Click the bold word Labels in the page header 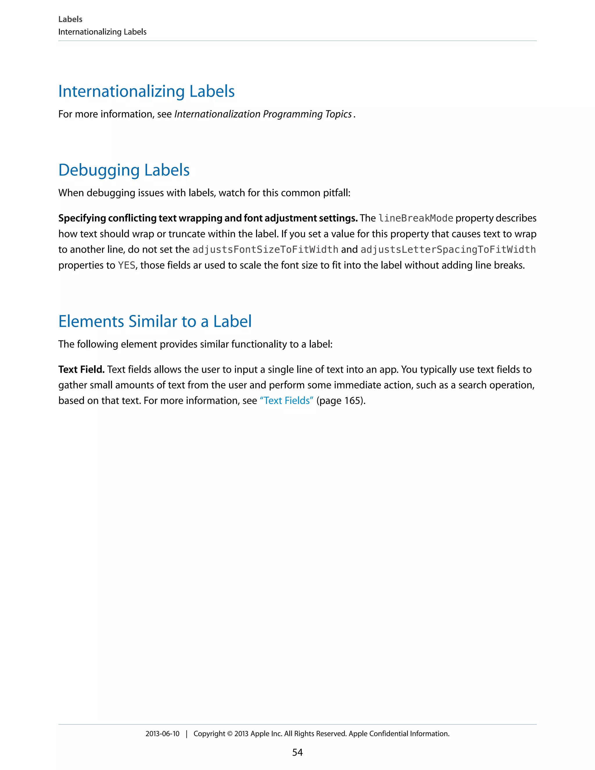click(x=70, y=19)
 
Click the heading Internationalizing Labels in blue click(x=146, y=91)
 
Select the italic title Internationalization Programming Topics click(x=263, y=114)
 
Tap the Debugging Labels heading click(x=124, y=170)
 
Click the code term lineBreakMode click(x=415, y=218)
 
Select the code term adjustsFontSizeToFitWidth click(x=265, y=250)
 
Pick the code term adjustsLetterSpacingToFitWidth click(x=448, y=250)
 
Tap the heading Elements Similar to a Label click(x=155, y=322)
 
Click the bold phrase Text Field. click(x=81, y=370)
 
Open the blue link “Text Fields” click(x=286, y=401)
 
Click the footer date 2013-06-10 click(x=162, y=734)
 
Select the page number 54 click(x=297, y=752)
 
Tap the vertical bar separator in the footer click(x=187, y=734)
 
